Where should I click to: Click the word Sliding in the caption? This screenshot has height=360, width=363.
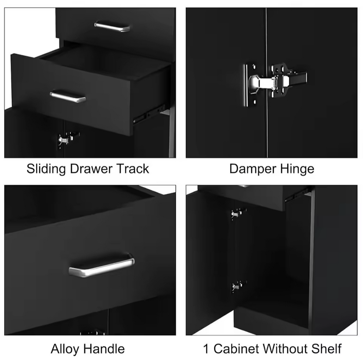point(46,169)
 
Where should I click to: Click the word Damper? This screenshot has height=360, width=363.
point(253,169)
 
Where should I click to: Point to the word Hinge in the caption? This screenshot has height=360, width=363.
point(297,169)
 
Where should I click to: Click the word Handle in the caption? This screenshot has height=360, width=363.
point(104,349)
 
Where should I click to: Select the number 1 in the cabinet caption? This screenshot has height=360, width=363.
point(206,349)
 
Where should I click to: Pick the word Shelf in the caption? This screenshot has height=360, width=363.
point(326,349)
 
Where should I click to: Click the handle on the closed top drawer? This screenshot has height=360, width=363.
point(112,26)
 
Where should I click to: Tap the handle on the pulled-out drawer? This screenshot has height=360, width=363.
point(68,96)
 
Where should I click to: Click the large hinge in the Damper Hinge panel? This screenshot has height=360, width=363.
point(275,81)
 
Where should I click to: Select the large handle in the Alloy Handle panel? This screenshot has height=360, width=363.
point(101,265)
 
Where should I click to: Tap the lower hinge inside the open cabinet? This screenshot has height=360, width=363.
point(239,287)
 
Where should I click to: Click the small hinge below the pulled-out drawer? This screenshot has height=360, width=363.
point(68,139)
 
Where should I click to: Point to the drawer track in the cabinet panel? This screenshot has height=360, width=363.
point(297,195)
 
